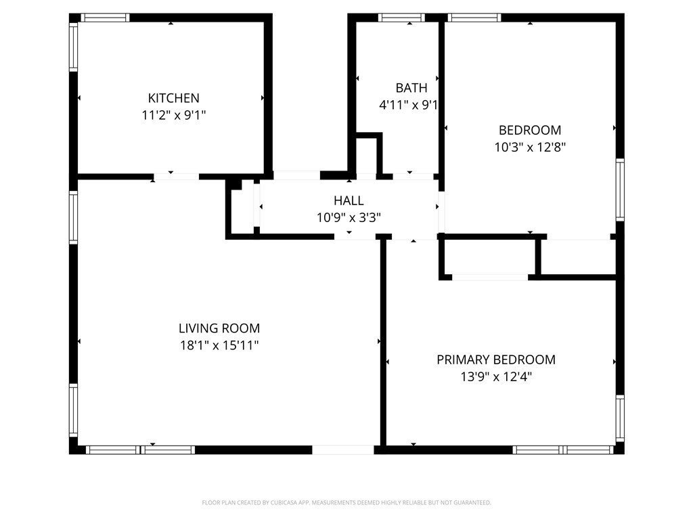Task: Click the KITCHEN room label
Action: click(174, 97)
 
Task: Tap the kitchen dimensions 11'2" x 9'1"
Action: click(174, 115)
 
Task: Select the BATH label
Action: click(411, 88)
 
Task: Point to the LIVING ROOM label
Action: click(219, 328)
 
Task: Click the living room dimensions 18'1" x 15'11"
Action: click(219, 345)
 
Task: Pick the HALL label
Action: click(349, 200)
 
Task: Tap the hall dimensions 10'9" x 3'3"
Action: click(349, 217)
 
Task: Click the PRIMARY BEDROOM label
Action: click(496, 360)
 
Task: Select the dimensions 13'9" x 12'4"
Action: click(496, 376)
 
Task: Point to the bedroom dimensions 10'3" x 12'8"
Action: click(530, 147)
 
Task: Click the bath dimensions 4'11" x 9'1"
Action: click(408, 105)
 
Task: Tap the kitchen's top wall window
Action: click(105, 18)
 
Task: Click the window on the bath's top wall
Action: click(401, 18)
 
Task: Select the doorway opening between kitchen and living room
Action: click(177, 177)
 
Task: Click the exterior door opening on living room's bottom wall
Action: click(343, 450)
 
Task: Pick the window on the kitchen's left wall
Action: click(73, 47)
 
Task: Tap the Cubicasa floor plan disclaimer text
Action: click(346, 503)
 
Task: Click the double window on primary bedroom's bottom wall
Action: click(564, 450)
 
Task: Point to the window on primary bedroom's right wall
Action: click(620, 418)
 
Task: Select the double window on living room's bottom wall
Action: click(141, 450)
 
